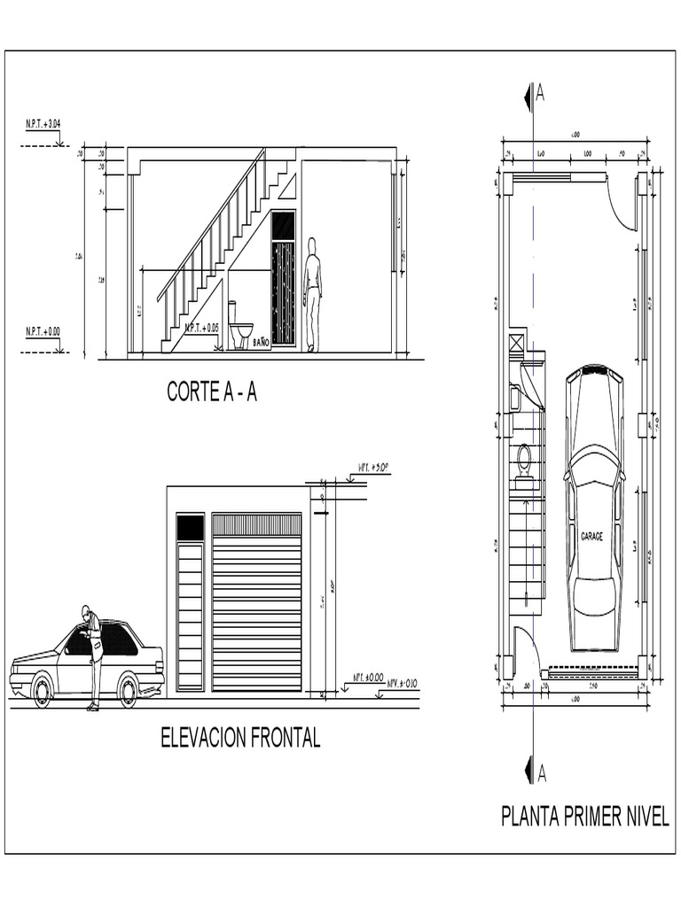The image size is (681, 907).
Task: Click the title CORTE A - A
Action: click(x=212, y=392)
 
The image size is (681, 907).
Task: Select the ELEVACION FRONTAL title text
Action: click(x=240, y=738)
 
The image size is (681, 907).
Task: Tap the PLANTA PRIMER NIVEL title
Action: click(x=584, y=816)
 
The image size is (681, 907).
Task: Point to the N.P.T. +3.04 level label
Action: click(x=43, y=124)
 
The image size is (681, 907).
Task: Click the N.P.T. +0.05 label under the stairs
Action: click(x=201, y=329)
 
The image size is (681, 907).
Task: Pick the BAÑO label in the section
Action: click(x=261, y=341)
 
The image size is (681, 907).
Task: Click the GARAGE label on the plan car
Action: click(x=592, y=537)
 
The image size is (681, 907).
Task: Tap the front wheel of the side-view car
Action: click(x=42, y=690)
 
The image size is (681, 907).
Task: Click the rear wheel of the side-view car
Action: click(x=129, y=690)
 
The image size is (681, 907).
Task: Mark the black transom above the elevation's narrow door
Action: click(x=190, y=527)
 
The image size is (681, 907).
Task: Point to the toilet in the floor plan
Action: click(x=524, y=461)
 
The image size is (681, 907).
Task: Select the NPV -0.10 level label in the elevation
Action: click(x=403, y=683)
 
